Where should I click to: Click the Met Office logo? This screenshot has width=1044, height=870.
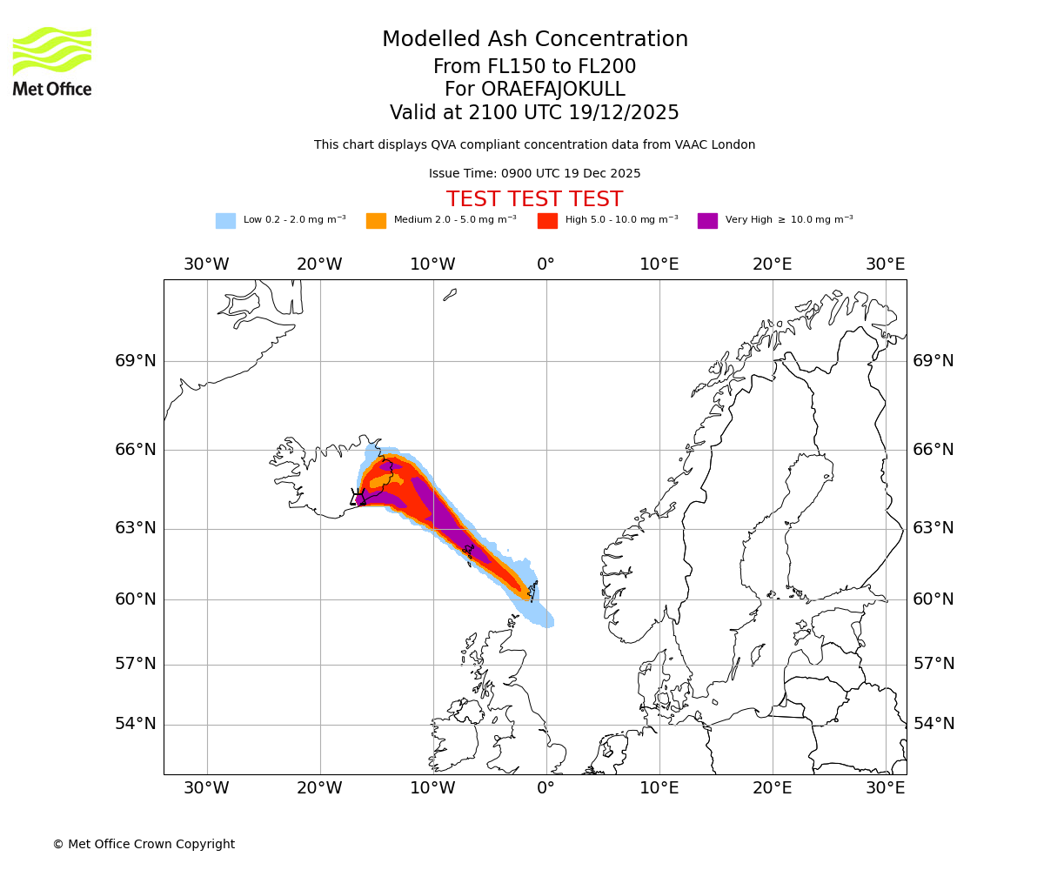(x=52, y=61)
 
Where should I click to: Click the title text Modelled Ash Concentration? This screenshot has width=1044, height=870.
(x=534, y=40)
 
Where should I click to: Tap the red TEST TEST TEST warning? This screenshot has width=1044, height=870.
(x=534, y=200)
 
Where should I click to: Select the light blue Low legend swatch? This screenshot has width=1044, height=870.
(x=225, y=221)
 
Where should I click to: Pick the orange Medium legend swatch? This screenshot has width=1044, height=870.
(x=376, y=221)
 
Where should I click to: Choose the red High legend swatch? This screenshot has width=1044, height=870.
(x=547, y=221)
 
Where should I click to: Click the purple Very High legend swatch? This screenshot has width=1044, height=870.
(x=707, y=221)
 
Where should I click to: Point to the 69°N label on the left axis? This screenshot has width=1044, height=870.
(x=136, y=361)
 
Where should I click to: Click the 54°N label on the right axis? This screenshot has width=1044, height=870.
(x=934, y=724)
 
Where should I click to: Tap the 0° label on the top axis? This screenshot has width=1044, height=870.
(x=545, y=264)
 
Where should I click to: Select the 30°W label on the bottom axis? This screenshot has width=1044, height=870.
(x=206, y=788)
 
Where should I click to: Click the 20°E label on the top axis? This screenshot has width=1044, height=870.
(x=772, y=264)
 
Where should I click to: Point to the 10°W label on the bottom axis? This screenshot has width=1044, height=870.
(x=432, y=788)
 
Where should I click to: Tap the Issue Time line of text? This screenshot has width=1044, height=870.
(x=534, y=174)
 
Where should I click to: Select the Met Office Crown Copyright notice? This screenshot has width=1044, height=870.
(x=144, y=845)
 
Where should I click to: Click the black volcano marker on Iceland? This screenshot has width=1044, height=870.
(x=358, y=497)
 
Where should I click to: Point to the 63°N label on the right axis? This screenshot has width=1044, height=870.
(x=934, y=528)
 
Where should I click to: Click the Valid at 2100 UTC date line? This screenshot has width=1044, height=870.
(x=534, y=113)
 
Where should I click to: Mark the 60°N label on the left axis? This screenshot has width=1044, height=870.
(x=136, y=599)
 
